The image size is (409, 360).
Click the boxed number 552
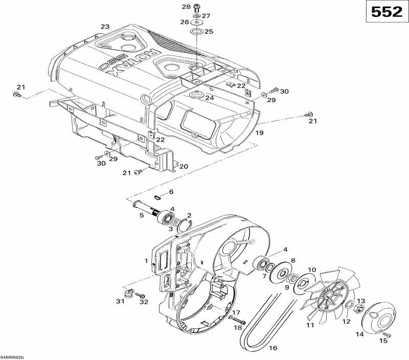tap(386, 12)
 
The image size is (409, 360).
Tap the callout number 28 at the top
tap(186, 7)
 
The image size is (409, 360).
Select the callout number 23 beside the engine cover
tap(105, 27)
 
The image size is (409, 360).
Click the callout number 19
tap(259, 133)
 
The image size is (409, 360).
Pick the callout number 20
tap(183, 166)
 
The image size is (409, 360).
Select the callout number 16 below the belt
tap(273, 348)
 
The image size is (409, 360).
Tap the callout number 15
tap(383, 341)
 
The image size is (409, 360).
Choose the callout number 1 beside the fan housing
tap(146, 260)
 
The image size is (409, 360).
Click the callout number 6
tap(171, 191)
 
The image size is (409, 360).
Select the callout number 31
tap(120, 301)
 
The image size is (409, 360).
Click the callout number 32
tap(144, 302)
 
